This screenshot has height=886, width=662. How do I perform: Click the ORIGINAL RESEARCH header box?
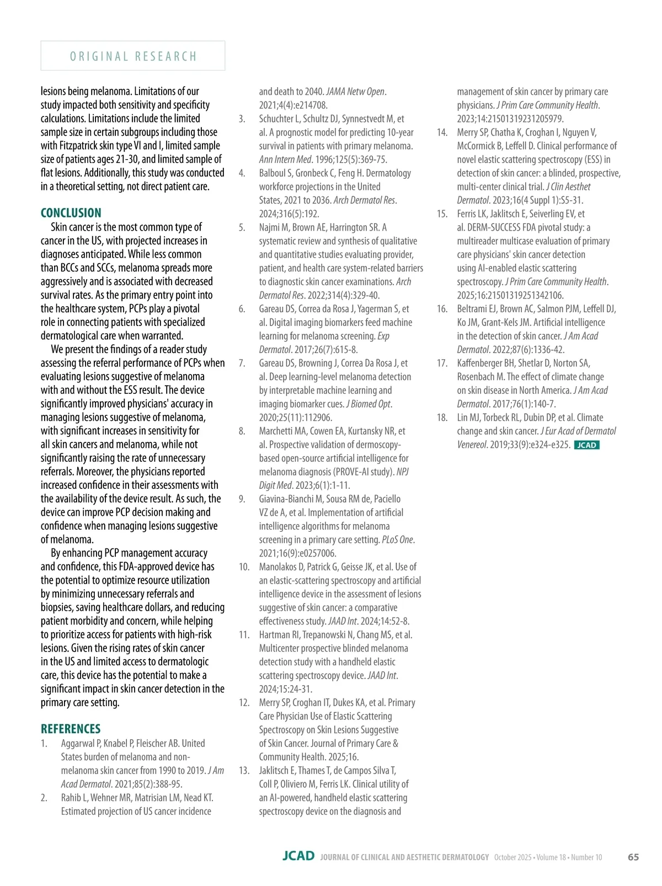(x=133, y=56)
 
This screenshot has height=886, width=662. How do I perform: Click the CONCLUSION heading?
(x=71, y=213)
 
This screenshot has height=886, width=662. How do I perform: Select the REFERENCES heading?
(x=71, y=729)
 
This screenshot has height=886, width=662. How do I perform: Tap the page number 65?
(x=633, y=857)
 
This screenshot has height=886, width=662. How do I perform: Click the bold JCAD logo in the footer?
(x=298, y=856)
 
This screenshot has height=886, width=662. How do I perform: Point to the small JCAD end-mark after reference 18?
(x=586, y=445)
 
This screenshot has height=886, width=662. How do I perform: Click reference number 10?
(x=244, y=567)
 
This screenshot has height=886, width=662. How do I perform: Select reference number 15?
(x=442, y=214)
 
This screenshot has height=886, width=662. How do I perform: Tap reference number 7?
(x=242, y=364)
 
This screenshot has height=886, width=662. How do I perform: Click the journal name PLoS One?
(x=397, y=540)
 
